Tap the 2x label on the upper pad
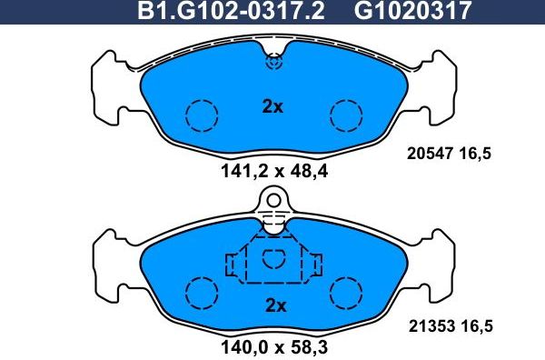pyautogui.click(x=272, y=106)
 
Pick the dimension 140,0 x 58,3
pyautogui.click(x=272, y=345)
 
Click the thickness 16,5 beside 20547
pyautogui.click(x=474, y=155)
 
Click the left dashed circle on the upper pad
pyautogui.click(x=202, y=115)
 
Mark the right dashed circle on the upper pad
pyautogui.click(x=346, y=115)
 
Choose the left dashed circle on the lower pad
pyautogui.click(x=202, y=293)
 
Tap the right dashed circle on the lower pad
pyautogui.click(x=346, y=293)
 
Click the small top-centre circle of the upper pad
pyautogui.click(x=273, y=63)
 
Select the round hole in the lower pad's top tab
pyautogui.click(x=273, y=199)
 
